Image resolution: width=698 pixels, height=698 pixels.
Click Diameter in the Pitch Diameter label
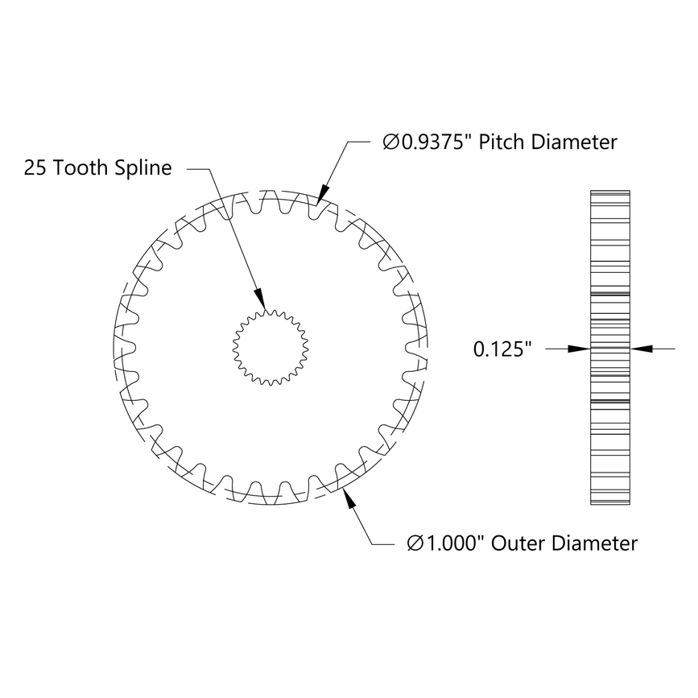(x=579, y=142)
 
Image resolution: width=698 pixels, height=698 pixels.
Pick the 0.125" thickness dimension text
(x=503, y=349)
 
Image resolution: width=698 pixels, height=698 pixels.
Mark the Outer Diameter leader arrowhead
(x=349, y=497)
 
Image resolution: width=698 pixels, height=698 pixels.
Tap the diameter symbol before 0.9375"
(x=390, y=143)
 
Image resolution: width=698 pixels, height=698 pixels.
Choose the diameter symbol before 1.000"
(x=416, y=544)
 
